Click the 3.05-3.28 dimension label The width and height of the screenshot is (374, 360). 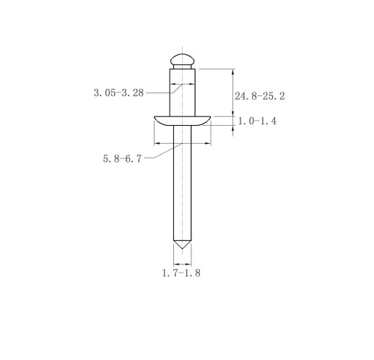[x=118, y=93]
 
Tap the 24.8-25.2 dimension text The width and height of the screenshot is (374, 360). [x=260, y=96]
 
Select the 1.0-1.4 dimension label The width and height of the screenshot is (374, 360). [x=257, y=121]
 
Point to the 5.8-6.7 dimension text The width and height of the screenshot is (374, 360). [x=122, y=158]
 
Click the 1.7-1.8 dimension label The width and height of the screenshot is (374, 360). [x=181, y=273]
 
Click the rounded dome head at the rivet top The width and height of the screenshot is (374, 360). [x=182, y=59]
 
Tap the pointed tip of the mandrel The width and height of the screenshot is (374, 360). [x=183, y=249]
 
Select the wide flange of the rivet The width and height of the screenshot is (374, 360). [x=182, y=121]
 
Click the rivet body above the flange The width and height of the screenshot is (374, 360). [x=182, y=93]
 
